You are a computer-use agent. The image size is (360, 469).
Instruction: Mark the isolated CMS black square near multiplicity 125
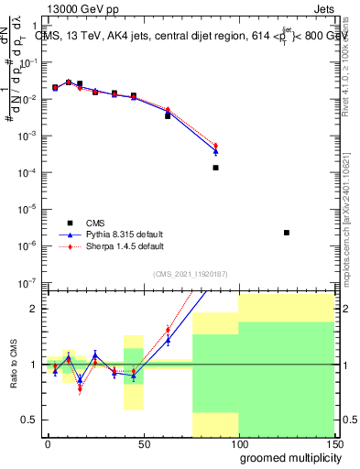click(287, 233)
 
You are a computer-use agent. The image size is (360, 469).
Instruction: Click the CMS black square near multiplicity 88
click(216, 168)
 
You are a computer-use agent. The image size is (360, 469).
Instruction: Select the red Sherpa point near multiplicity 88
click(216, 146)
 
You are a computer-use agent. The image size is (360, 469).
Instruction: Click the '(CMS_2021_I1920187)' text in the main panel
click(190, 273)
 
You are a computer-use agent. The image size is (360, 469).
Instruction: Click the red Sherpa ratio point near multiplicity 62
click(168, 330)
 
